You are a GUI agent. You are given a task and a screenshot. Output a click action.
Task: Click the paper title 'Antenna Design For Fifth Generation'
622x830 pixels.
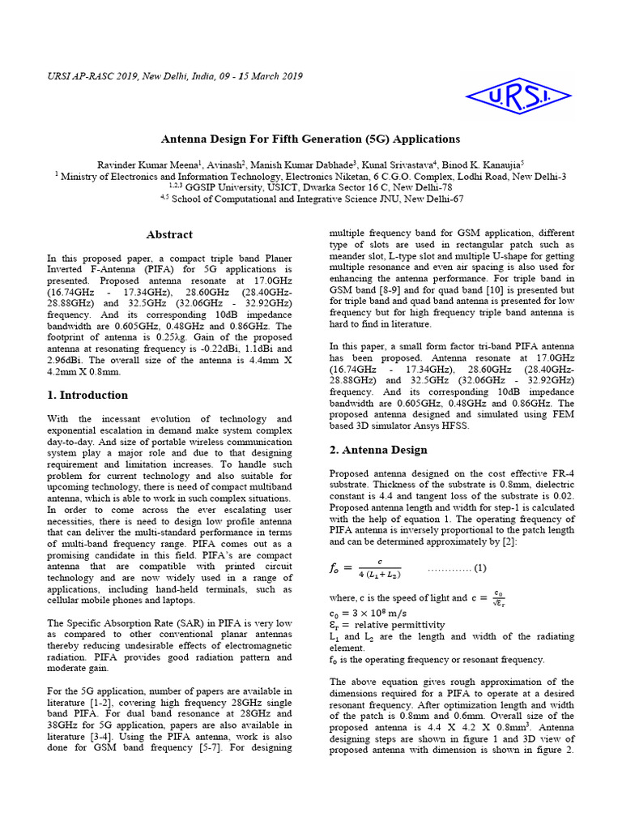point(310,139)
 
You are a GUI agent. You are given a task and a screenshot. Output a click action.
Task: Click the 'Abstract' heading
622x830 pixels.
point(169,235)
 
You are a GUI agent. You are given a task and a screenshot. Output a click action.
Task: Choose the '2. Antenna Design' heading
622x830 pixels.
point(378,450)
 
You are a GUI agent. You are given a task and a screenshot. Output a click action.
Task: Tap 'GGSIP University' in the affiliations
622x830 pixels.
point(231,186)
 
